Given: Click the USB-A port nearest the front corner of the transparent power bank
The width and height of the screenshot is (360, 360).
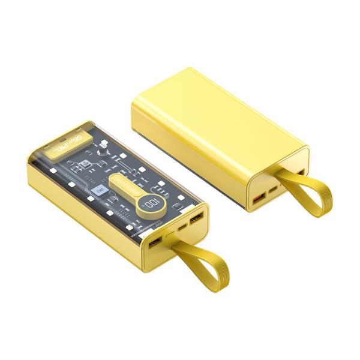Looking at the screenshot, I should [x=154, y=242].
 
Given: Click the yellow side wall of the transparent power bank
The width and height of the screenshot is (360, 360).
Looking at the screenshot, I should [x=84, y=222].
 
